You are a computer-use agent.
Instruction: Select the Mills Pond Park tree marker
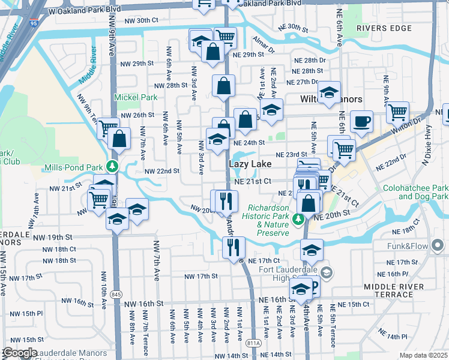[x=111, y=166]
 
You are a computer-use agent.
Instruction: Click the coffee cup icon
[x=361, y=121]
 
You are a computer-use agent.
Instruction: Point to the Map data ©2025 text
[x=423, y=355]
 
